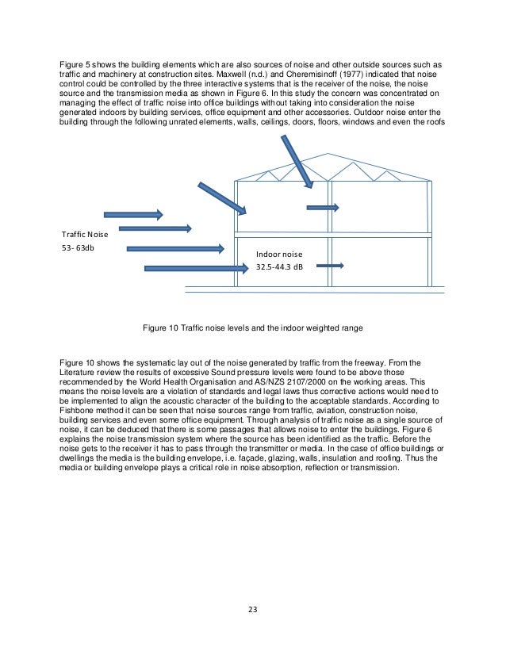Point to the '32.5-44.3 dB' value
(280, 268)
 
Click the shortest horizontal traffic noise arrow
(132, 214)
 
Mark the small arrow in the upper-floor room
(323, 208)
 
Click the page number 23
(252, 609)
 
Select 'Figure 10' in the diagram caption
(161, 326)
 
